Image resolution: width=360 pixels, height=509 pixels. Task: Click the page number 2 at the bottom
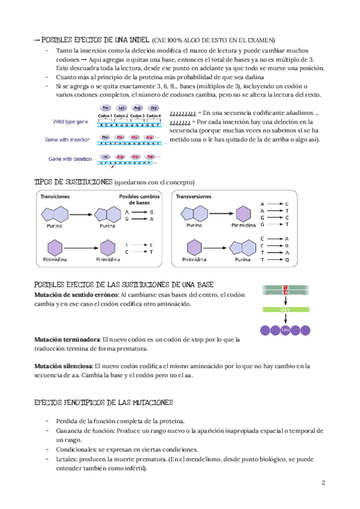click(323, 483)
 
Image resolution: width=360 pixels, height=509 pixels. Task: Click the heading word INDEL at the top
click(137, 39)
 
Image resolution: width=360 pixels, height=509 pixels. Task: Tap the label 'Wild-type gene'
click(70, 122)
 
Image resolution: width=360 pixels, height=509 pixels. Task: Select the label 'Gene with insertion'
click(71, 140)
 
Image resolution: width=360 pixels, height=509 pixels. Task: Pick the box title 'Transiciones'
click(55, 196)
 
